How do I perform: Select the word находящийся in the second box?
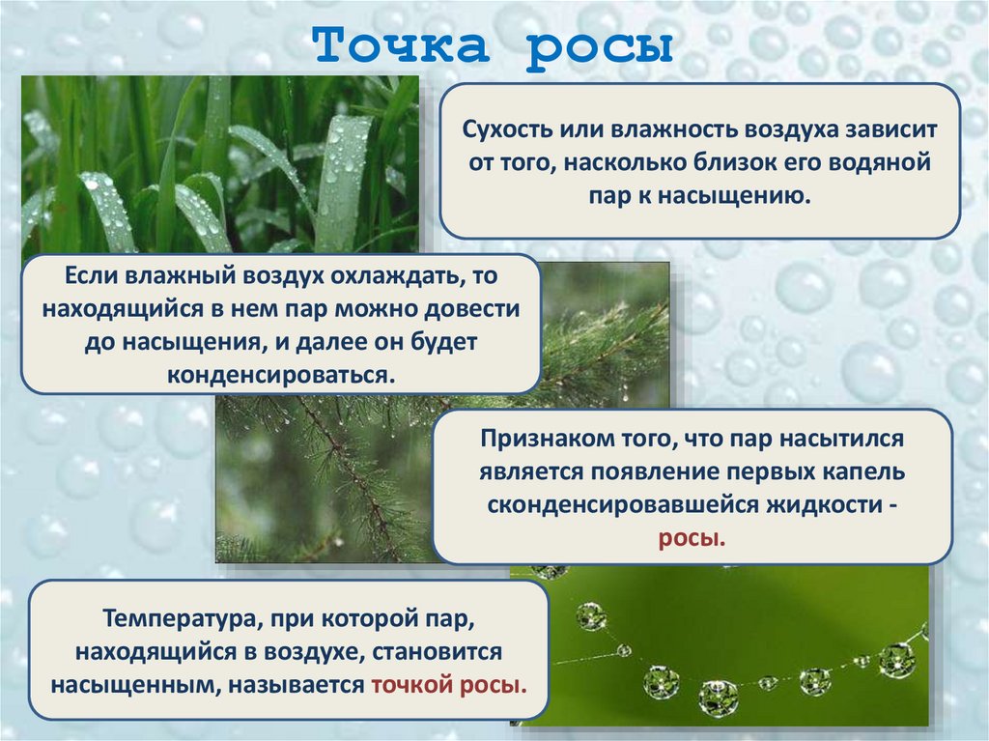point(112,308)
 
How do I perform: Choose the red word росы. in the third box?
point(692,537)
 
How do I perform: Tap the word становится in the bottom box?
point(438,649)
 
